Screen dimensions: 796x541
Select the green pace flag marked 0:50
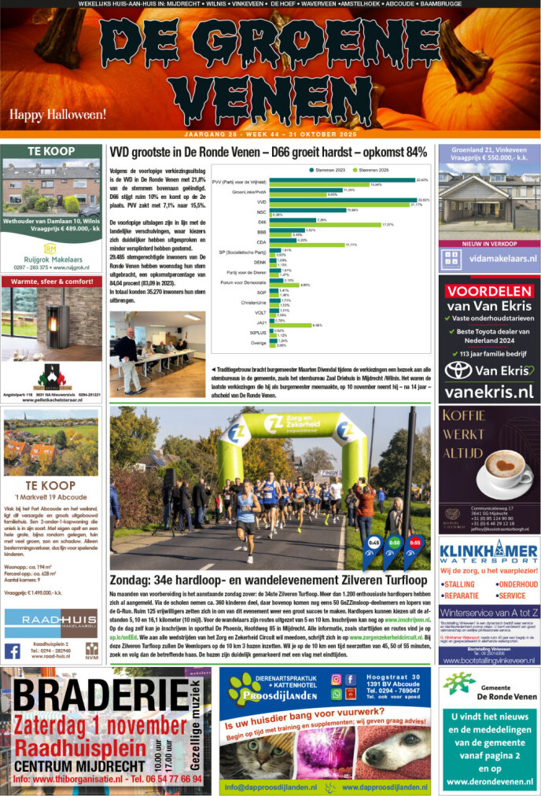(393, 545)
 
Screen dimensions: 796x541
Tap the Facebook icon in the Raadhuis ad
(13, 650)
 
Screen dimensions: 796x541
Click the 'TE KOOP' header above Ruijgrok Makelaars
(51, 151)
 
